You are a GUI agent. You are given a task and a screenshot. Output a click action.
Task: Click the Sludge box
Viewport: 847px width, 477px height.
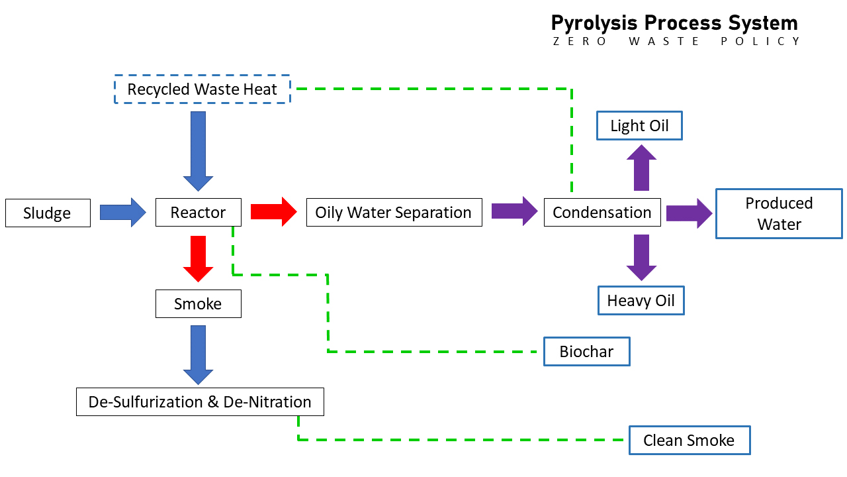click(x=48, y=213)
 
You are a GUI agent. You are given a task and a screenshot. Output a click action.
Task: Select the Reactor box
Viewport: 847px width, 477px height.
click(x=199, y=213)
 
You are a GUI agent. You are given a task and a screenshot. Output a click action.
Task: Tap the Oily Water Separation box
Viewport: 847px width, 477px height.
click(x=394, y=213)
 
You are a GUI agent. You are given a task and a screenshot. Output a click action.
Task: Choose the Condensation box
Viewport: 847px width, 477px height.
click(x=602, y=213)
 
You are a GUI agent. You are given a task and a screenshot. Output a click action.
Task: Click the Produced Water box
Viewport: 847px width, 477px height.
click(x=779, y=213)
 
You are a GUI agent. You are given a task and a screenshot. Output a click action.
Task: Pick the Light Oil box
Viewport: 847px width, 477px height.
click(x=639, y=126)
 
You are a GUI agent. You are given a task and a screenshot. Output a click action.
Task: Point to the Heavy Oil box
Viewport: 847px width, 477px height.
click(x=641, y=301)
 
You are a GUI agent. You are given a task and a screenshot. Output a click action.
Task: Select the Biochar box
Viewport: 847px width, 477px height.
click(x=586, y=352)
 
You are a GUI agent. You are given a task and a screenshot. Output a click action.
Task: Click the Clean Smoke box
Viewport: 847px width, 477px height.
click(x=689, y=441)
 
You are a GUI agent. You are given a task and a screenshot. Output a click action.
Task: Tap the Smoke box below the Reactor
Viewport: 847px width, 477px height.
click(x=199, y=304)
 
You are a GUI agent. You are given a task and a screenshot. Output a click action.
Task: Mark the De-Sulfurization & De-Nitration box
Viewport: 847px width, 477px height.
click(x=200, y=402)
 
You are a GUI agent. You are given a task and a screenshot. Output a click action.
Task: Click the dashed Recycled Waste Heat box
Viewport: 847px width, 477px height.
click(x=202, y=89)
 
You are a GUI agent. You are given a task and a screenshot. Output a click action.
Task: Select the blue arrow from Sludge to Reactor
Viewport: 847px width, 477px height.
click(x=123, y=212)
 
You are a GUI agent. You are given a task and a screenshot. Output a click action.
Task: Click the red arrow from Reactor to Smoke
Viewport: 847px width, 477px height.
click(x=199, y=258)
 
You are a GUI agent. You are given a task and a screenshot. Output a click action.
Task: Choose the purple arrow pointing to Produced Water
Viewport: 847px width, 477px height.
click(x=689, y=213)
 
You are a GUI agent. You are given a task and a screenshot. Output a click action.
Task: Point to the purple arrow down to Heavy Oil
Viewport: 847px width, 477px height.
click(x=641, y=257)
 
